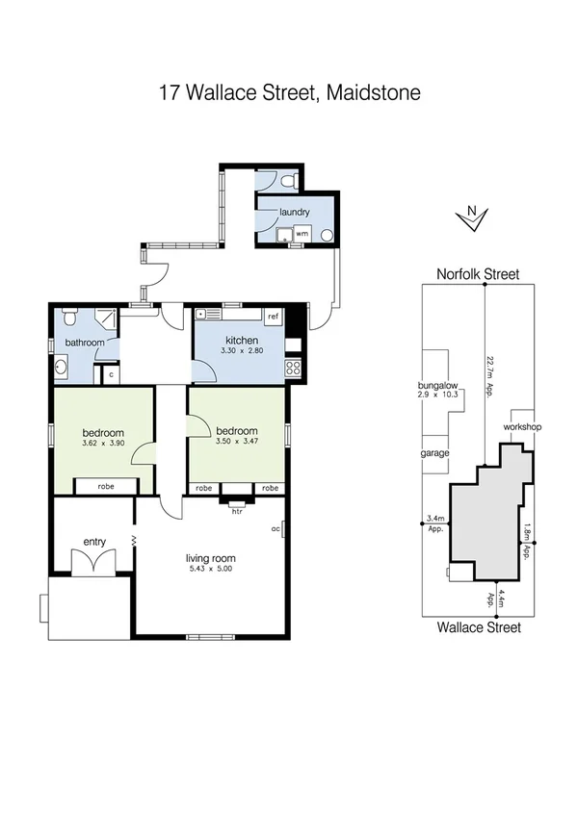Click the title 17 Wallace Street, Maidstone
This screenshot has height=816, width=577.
[289, 93]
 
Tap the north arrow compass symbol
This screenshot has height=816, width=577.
[470, 218]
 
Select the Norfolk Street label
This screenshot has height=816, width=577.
[476, 274]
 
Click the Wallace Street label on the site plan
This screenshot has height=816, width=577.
[478, 627]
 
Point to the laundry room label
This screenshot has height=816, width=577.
[294, 212]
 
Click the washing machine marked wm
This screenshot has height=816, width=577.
[302, 234]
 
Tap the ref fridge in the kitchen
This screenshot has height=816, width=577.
[274, 317]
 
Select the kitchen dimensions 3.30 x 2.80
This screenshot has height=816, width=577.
[239, 353]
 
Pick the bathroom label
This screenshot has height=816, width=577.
[84, 343]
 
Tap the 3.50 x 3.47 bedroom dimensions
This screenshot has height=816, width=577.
[237, 442]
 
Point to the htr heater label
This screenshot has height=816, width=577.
[237, 511]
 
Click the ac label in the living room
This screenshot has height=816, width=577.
[276, 528]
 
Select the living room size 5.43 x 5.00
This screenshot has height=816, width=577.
[210, 570]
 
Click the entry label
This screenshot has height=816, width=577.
[93, 542]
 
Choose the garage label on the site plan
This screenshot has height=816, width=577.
[434, 453]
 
